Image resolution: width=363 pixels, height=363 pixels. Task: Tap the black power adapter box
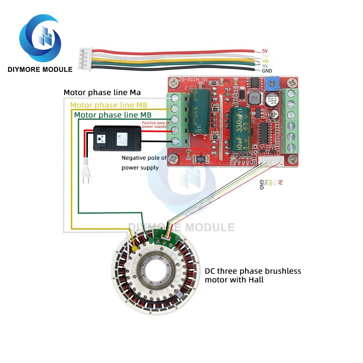click(x=117, y=138)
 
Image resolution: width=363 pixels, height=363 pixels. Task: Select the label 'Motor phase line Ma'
click(x=102, y=92)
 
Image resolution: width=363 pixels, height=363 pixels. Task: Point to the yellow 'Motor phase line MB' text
click(x=109, y=105)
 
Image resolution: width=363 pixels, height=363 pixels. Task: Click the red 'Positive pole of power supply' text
click(x=155, y=125)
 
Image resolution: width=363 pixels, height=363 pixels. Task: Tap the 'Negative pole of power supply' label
click(x=144, y=163)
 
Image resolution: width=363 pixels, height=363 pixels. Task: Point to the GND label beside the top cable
click(x=267, y=71)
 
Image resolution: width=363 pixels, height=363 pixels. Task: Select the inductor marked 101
click(x=256, y=98)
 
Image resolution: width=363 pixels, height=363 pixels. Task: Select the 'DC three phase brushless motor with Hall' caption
click(x=253, y=275)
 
